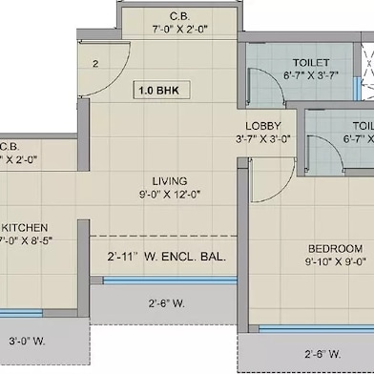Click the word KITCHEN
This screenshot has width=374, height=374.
25,228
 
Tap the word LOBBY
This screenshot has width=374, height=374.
261,126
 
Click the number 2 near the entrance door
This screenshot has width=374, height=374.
96,64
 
